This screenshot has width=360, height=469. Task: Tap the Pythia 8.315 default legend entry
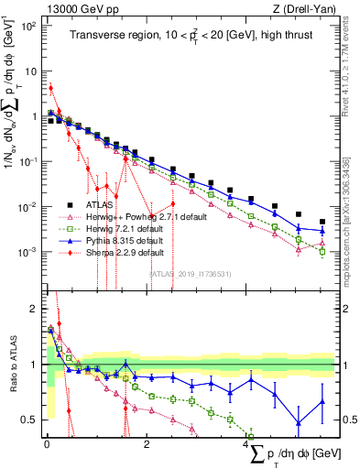click(126, 240)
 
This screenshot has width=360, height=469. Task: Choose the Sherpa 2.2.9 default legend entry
click(126, 252)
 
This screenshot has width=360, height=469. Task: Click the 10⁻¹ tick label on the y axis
click(27, 161)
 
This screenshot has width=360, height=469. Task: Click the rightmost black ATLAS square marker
click(322, 222)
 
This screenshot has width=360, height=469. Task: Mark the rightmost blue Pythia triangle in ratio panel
click(322, 400)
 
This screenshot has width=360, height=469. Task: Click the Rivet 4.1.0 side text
click(352, 64)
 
